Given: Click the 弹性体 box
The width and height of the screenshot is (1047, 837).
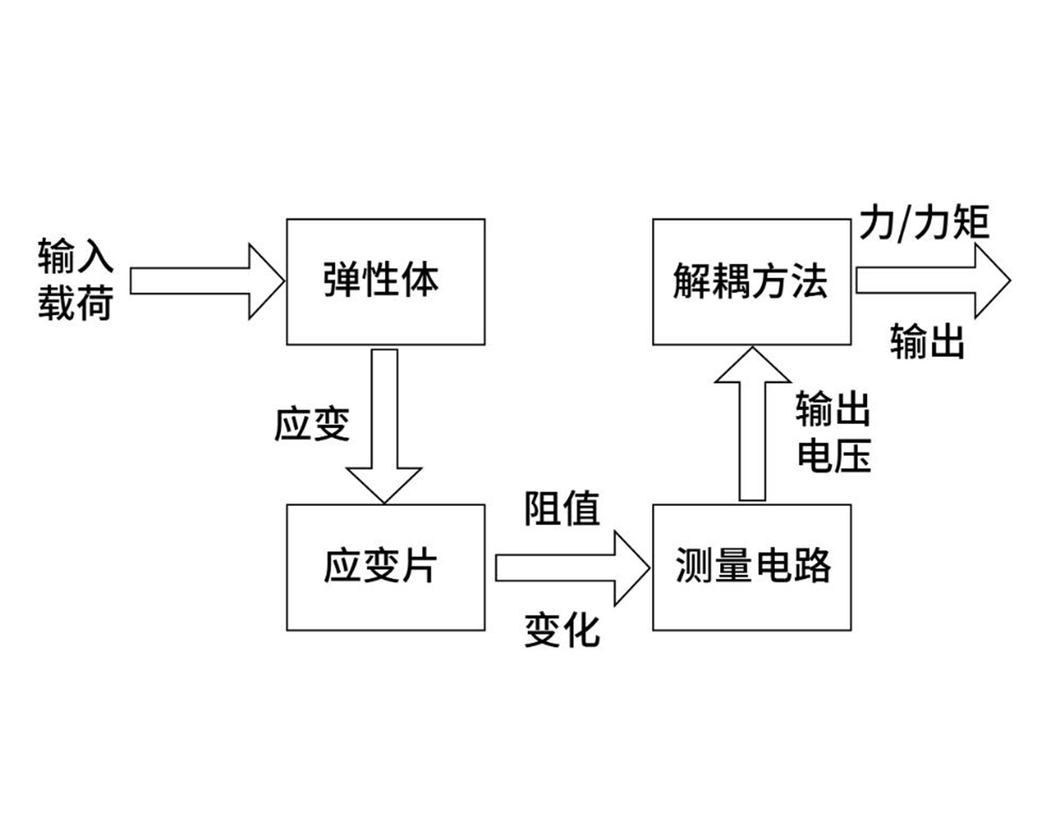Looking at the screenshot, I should (385, 282).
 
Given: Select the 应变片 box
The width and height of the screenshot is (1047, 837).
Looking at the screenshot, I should (385, 567).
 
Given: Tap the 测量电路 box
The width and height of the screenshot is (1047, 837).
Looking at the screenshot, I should (752, 567).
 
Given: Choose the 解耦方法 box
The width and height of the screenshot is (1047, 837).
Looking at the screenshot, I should (752, 282).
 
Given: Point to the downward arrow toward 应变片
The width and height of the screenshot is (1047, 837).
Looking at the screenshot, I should (385, 425).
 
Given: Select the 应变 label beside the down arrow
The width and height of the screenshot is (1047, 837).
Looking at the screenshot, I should (311, 424).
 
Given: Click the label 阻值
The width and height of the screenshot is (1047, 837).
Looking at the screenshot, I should (562, 509).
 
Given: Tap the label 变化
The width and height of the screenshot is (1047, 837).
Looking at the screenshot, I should (562, 630).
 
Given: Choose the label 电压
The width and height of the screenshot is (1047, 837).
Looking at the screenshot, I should (834, 456).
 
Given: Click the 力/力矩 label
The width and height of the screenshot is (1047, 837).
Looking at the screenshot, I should (924, 223).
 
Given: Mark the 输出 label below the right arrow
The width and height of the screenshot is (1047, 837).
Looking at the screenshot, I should (926, 341).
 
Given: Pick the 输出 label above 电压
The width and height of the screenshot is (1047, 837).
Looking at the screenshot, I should (833, 409).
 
